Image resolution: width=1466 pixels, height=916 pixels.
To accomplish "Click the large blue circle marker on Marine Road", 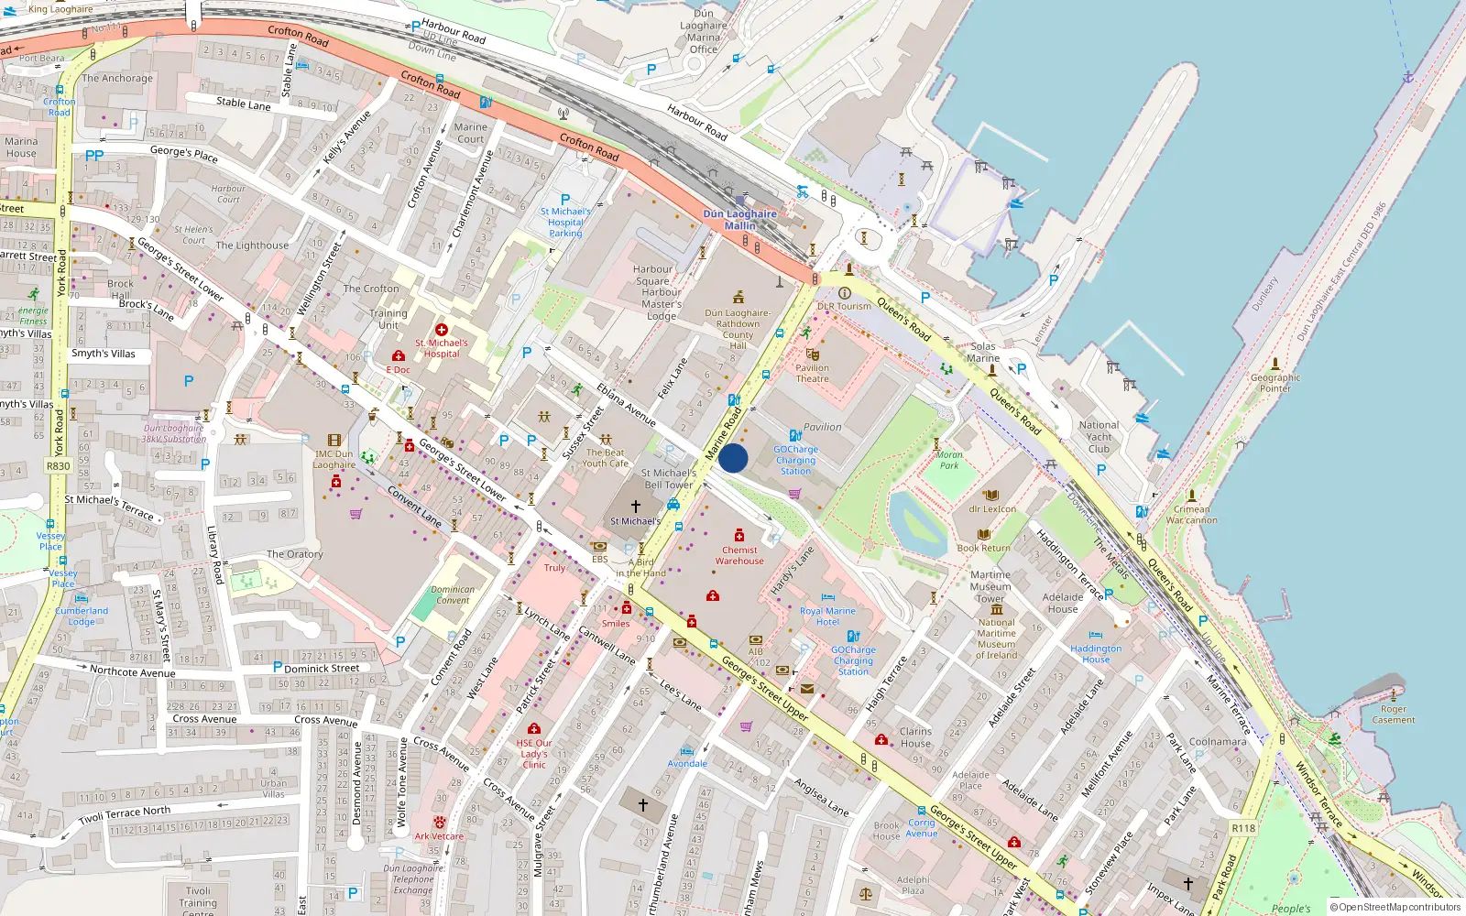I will pos(733,458).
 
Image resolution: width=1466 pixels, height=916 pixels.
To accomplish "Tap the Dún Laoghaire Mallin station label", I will pos(739,220).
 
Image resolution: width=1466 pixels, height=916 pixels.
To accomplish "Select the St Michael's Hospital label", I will pos(442,348).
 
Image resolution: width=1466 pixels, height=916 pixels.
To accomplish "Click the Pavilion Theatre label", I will pos(812,373).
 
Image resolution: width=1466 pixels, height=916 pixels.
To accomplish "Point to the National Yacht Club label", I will pos(1099,437).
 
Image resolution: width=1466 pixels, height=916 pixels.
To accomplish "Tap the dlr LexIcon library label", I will pos(992,508).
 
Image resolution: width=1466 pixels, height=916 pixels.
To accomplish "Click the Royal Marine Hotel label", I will pos(827,616).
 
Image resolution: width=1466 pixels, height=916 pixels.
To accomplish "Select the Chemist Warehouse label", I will pos(739,556).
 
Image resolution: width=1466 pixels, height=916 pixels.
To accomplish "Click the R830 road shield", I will pos(58,465).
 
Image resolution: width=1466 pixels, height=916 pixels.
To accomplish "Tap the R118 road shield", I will pos(1243,828).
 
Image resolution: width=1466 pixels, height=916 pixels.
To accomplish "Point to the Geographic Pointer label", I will pos(1275,383).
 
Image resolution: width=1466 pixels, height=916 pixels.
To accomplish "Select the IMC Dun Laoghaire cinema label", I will pos(334,459).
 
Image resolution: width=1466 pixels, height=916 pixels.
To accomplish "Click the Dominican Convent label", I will pos(453,595).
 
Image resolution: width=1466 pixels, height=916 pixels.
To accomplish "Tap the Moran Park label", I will pos(949,460).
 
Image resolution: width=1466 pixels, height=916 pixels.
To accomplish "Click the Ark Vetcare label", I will pos(439,835).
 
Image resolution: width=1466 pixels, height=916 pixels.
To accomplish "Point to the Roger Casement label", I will pos(1394,714).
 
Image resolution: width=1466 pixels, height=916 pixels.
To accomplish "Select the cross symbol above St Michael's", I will pos(636,506).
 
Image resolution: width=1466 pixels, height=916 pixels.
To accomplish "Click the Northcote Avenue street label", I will pos(133,671).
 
